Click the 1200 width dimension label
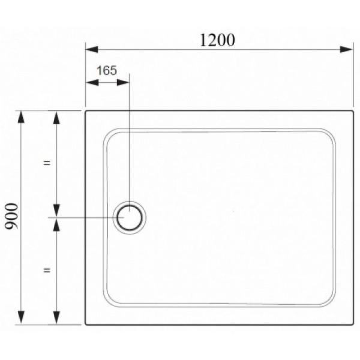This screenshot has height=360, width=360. point(217,40)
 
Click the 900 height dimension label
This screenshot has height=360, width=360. point(11,216)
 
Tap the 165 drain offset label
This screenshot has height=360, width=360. point(107,70)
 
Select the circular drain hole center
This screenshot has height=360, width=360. point(130,217)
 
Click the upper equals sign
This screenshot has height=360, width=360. point(47,163)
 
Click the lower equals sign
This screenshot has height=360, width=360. point(47,270)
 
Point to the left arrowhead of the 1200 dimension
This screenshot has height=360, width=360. point(92,49)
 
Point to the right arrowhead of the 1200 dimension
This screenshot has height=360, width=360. point(346,49)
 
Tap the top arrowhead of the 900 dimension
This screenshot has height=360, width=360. point(21,117)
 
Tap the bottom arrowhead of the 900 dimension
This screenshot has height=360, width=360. point(21,317)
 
